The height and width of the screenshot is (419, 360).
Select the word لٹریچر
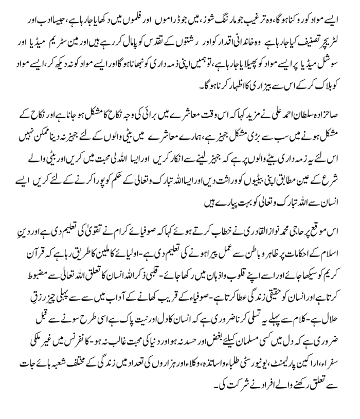coord(338,39)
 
